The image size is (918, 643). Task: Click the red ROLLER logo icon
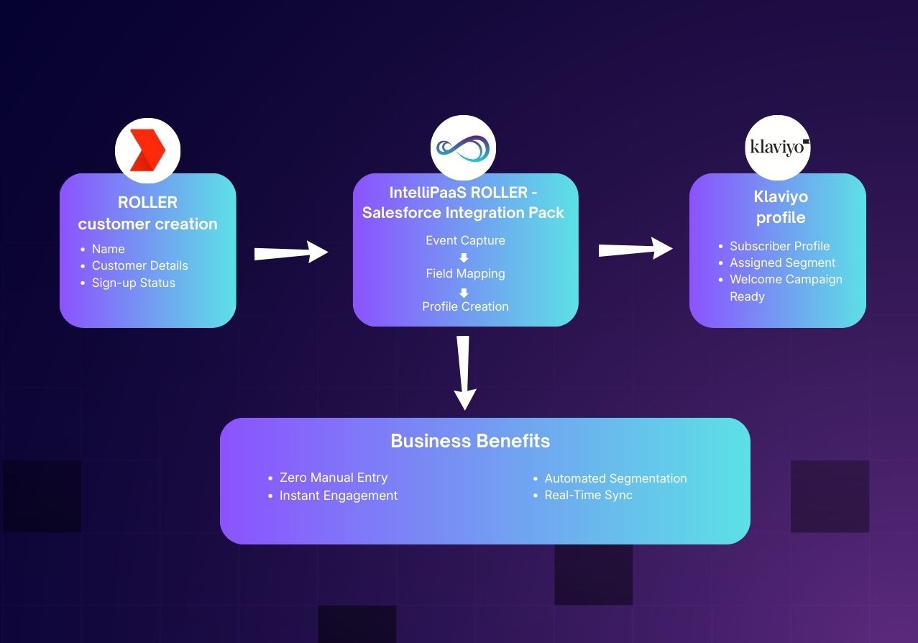click(x=147, y=150)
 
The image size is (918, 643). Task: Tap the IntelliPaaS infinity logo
click(x=464, y=148)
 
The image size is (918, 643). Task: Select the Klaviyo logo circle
click(x=778, y=147)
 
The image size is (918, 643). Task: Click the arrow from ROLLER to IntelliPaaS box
click(x=291, y=252)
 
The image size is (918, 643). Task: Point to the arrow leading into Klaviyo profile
click(x=635, y=250)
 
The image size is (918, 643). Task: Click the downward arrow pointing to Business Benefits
click(x=464, y=372)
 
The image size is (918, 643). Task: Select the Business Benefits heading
click(x=470, y=441)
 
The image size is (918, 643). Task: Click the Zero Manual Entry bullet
click(x=333, y=478)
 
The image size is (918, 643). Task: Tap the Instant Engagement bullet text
click(x=338, y=496)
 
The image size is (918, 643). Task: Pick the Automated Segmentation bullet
click(x=615, y=478)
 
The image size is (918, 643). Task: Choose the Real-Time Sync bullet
click(x=588, y=495)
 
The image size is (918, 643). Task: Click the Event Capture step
click(x=465, y=240)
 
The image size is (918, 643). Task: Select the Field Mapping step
click(x=465, y=273)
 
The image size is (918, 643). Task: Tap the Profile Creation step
click(x=465, y=306)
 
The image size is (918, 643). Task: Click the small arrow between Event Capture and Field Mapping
click(x=464, y=257)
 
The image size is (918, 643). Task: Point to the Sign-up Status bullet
click(x=133, y=283)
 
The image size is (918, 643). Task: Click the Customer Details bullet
click(x=139, y=265)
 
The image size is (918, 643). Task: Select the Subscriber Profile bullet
click(x=779, y=246)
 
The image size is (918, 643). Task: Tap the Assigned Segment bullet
click(x=782, y=263)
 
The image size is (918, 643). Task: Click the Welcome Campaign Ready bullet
click(x=785, y=287)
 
